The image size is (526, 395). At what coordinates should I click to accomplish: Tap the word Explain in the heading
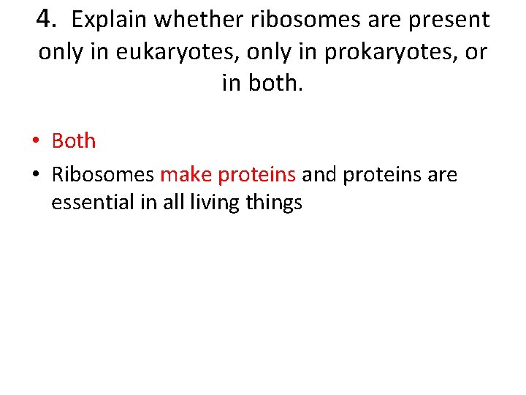tap(107, 20)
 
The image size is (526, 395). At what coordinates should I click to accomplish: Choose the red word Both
tap(74, 140)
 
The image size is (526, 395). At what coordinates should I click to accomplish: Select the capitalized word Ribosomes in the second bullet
tap(103, 175)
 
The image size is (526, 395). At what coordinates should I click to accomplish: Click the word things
tap(274, 203)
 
